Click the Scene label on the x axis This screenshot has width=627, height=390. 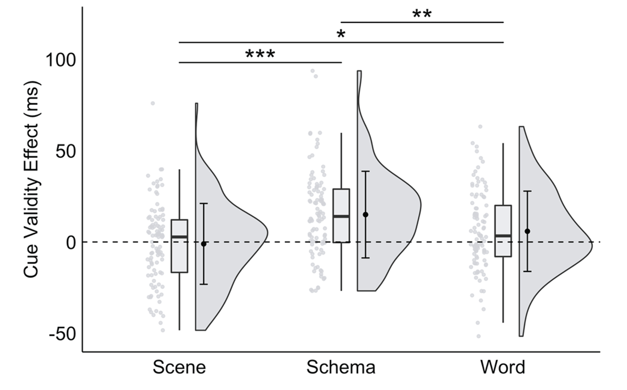[179, 367]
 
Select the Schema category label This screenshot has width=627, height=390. [341, 367]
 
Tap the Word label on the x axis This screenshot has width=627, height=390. [503, 367]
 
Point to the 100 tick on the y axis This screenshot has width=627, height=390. [61, 60]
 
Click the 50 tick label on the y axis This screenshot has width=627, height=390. [66, 151]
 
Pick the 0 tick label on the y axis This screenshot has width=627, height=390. [71, 242]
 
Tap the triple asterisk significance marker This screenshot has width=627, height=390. [260, 54]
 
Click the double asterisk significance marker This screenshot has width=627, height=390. [422, 14]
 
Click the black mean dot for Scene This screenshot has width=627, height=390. [204, 244]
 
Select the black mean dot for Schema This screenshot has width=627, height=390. [366, 215]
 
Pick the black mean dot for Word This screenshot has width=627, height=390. [527, 231]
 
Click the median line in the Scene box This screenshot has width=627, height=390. [179, 237]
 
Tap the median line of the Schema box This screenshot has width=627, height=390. [341, 216]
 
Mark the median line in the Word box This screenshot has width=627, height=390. [503, 236]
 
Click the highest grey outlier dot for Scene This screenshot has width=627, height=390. [153, 103]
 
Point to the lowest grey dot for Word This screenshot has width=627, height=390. [478, 336]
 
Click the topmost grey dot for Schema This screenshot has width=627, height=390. [313, 71]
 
